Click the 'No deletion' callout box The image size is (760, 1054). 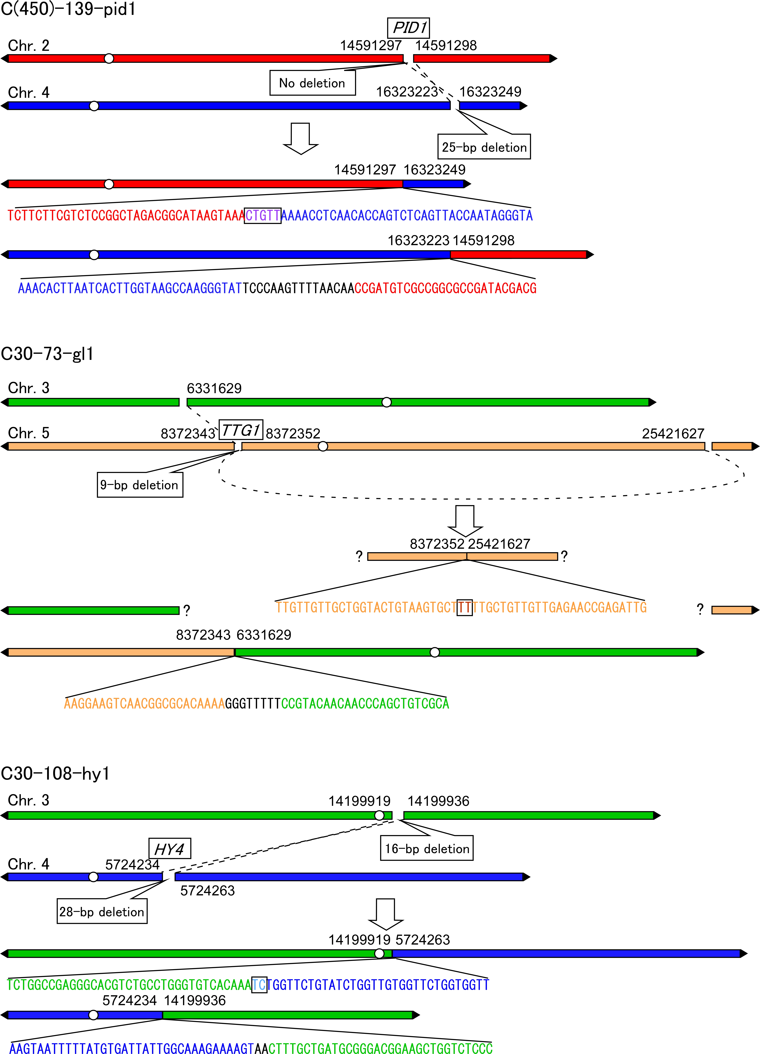pyautogui.click(x=312, y=83)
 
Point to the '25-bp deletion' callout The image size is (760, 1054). pyautogui.click(x=484, y=147)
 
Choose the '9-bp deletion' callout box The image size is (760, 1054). pyautogui.click(x=140, y=485)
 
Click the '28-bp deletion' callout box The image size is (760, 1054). pyautogui.click(x=102, y=911)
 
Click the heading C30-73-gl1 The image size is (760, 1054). pyautogui.click(x=47, y=354)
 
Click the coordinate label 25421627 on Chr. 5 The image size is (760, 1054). pyautogui.click(x=673, y=434)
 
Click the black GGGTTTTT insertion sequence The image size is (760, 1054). pyautogui.click(x=253, y=704)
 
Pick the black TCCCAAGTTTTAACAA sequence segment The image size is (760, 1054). pyautogui.click(x=298, y=288)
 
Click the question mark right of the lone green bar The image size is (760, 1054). pyautogui.click(x=187, y=610)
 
